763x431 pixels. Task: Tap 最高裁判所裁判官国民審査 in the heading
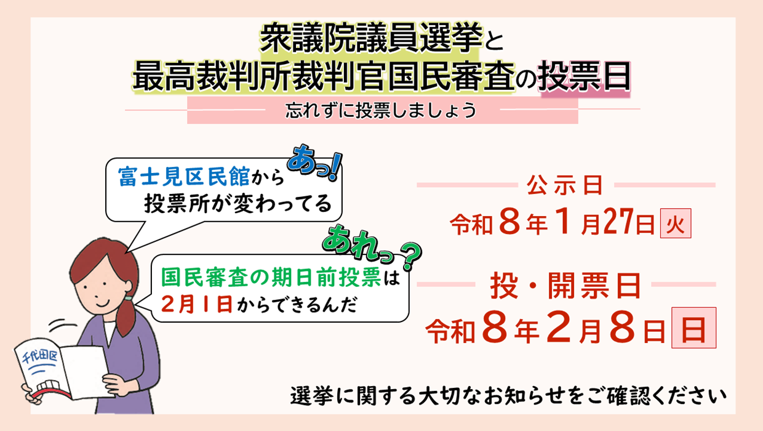tap(322, 76)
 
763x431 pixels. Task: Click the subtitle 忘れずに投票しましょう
tap(381, 111)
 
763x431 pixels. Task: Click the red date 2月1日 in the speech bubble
tap(196, 304)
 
